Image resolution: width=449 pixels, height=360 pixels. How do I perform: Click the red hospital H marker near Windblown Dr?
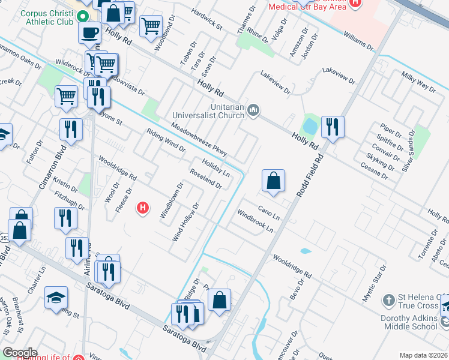(143, 208)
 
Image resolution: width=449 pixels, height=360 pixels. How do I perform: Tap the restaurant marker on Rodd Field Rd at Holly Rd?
(332, 127)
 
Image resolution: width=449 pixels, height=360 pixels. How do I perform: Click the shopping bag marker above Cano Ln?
(273, 181)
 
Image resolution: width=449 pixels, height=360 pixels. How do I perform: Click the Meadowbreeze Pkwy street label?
(199, 140)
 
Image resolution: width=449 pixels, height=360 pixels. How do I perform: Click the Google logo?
(20, 353)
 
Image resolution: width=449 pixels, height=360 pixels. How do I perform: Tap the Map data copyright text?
(424, 355)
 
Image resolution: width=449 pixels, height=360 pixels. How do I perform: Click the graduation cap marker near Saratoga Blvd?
(56, 298)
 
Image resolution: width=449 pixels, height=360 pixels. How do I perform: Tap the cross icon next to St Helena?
(389, 299)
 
